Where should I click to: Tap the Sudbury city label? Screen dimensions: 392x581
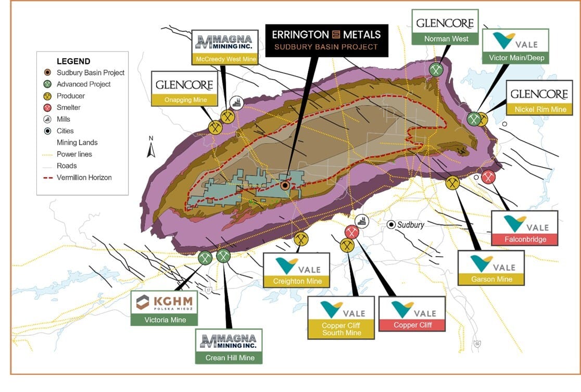(x=411, y=225)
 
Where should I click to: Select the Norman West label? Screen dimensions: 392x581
(x=446, y=39)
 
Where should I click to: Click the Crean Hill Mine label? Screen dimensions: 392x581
(x=230, y=358)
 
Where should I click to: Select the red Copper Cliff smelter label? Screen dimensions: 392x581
(x=412, y=325)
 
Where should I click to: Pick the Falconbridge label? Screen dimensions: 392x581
(x=525, y=239)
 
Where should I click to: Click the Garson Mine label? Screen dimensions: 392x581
(x=491, y=279)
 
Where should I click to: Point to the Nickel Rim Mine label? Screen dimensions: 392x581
(x=540, y=110)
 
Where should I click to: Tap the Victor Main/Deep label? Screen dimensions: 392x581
(x=513, y=58)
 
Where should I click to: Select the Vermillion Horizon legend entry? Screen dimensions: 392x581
(x=84, y=178)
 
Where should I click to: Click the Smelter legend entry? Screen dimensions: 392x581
(x=69, y=107)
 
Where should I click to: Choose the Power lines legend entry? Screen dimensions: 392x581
(x=74, y=154)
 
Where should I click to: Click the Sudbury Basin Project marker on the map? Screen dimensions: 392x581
(x=285, y=185)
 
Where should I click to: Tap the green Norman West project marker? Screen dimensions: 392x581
(x=436, y=69)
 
